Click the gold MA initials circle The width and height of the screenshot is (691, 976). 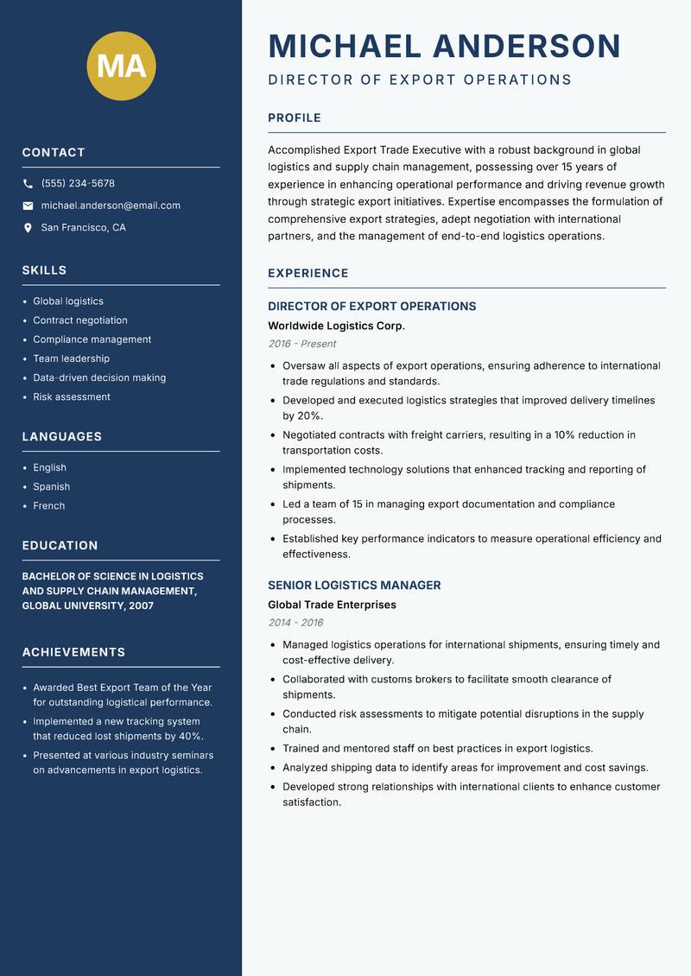click(121, 66)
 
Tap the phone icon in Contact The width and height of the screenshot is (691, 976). click(28, 184)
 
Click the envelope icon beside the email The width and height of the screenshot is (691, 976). click(28, 206)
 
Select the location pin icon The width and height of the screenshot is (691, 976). click(28, 228)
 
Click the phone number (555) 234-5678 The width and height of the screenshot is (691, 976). click(78, 184)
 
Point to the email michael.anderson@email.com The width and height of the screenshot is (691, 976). click(111, 206)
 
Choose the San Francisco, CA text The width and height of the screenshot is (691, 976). click(83, 228)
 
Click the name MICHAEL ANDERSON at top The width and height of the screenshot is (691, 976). click(444, 46)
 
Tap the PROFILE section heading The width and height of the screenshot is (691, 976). click(294, 118)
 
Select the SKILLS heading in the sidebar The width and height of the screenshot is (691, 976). click(44, 270)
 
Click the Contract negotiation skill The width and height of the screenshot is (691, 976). click(79, 320)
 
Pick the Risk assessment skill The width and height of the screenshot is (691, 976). click(72, 397)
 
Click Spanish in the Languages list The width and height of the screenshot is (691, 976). click(51, 487)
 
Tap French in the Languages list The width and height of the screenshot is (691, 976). click(48, 506)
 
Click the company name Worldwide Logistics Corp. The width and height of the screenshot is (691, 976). click(336, 326)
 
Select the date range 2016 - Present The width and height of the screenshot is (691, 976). click(302, 344)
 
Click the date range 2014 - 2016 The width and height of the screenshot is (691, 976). click(295, 623)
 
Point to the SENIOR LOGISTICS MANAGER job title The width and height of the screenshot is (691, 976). click(354, 586)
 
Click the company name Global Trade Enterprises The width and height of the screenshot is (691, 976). click(332, 605)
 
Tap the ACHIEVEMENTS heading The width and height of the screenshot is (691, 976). click(73, 653)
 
